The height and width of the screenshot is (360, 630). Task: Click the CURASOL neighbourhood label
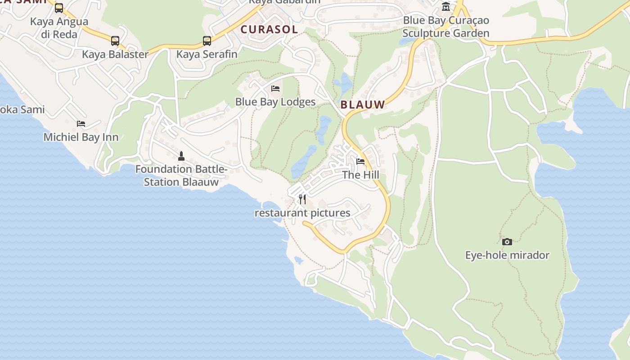click(269, 30)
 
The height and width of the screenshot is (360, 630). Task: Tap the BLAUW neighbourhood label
click(363, 105)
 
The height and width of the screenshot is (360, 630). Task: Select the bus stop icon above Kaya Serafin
click(207, 41)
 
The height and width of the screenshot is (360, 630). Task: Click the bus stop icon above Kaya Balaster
click(115, 41)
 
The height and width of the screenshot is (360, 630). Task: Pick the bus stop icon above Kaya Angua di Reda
click(59, 8)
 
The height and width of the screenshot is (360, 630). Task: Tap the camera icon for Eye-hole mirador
click(507, 242)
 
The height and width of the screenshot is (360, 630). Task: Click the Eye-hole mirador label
click(507, 255)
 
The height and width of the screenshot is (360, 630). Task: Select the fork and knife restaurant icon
click(302, 199)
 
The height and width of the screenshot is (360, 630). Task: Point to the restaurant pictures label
click(302, 213)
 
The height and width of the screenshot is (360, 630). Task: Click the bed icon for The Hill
click(360, 162)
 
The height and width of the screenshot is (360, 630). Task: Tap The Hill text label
click(360, 175)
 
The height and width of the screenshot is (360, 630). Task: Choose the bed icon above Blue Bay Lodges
click(275, 89)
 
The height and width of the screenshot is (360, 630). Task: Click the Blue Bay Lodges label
click(275, 102)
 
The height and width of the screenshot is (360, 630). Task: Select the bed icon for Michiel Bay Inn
click(81, 124)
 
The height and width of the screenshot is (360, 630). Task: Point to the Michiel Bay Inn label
click(81, 137)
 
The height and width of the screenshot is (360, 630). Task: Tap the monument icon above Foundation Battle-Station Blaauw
click(181, 156)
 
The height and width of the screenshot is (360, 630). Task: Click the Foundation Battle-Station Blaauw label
click(181, 175)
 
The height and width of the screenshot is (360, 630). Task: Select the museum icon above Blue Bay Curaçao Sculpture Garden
click(446, 7)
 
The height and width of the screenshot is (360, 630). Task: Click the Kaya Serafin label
click(207, 54)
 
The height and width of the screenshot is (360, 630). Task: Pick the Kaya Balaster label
click(115, 54)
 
